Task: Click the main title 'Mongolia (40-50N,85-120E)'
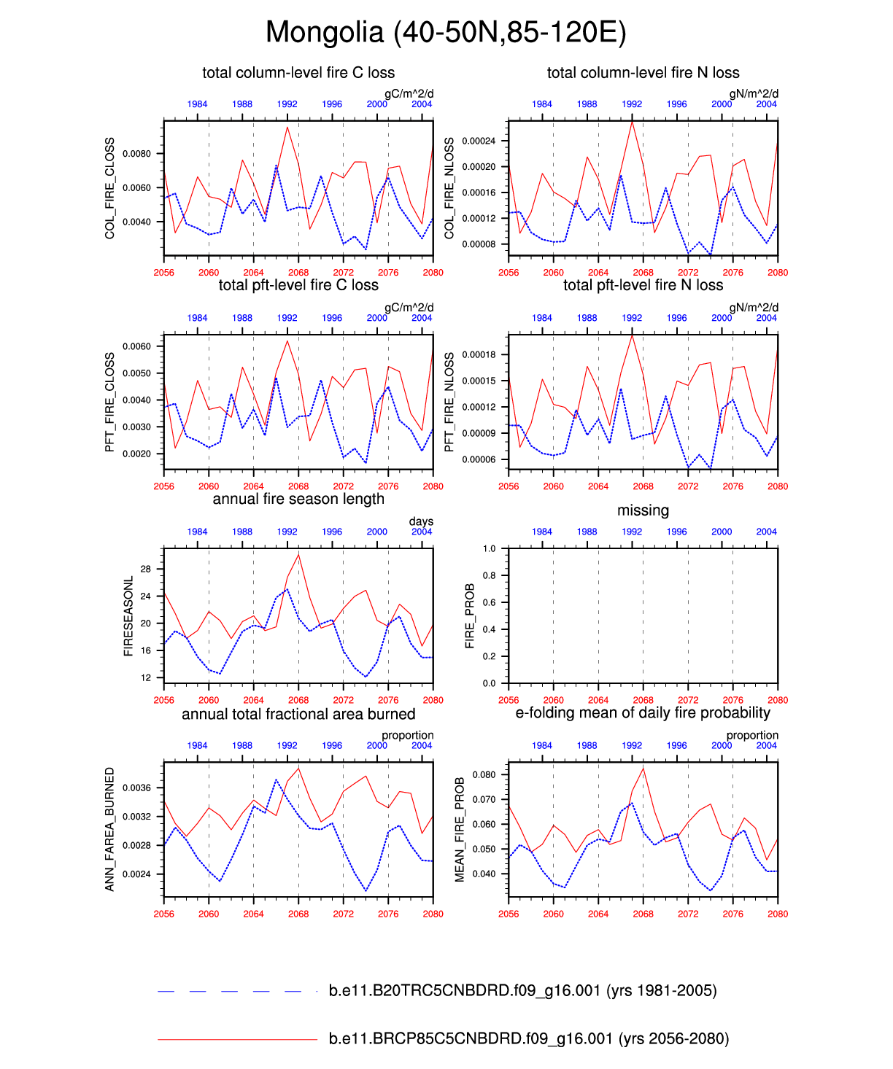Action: pyautogui.click(x=446, y=33)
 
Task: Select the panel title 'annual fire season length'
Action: pyautogui.click(x=298, y=499)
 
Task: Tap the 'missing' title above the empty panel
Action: pyautogui.click(x=643, y=510)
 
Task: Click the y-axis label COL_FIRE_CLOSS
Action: pyautogui.click(x=110, y=188)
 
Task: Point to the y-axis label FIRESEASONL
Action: pyautogui.click(x=128, y=616)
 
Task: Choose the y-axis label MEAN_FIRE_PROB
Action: pyautogui.click(x=460, y=829)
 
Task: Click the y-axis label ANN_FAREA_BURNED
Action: pyautogui.click(x=110, y=829)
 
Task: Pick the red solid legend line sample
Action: pyautogui.click(x=237, y=1039)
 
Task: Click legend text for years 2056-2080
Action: pyautogui.click(x=529, y=1039)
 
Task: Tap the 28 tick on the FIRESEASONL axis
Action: pyautogui.click(x=146, y=569)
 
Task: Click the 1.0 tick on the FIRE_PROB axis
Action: pyautogui.click(x=489, y=548)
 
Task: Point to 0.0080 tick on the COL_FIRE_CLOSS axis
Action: pyautogui.click(x=137, y=154)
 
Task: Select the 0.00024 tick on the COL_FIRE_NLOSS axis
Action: pyautogui.click(x=479, y=141)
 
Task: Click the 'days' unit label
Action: pyautogui.click(x=421, y=521)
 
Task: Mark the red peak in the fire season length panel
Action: pyautogui.click(x=298, y=555)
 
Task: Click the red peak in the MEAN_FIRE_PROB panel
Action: pyautogui.click(x=643, y=768)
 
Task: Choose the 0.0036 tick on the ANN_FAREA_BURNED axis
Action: pyautogui.click(x=137, y=788)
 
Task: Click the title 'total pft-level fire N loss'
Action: pyautogui.click(x=643, y=286)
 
